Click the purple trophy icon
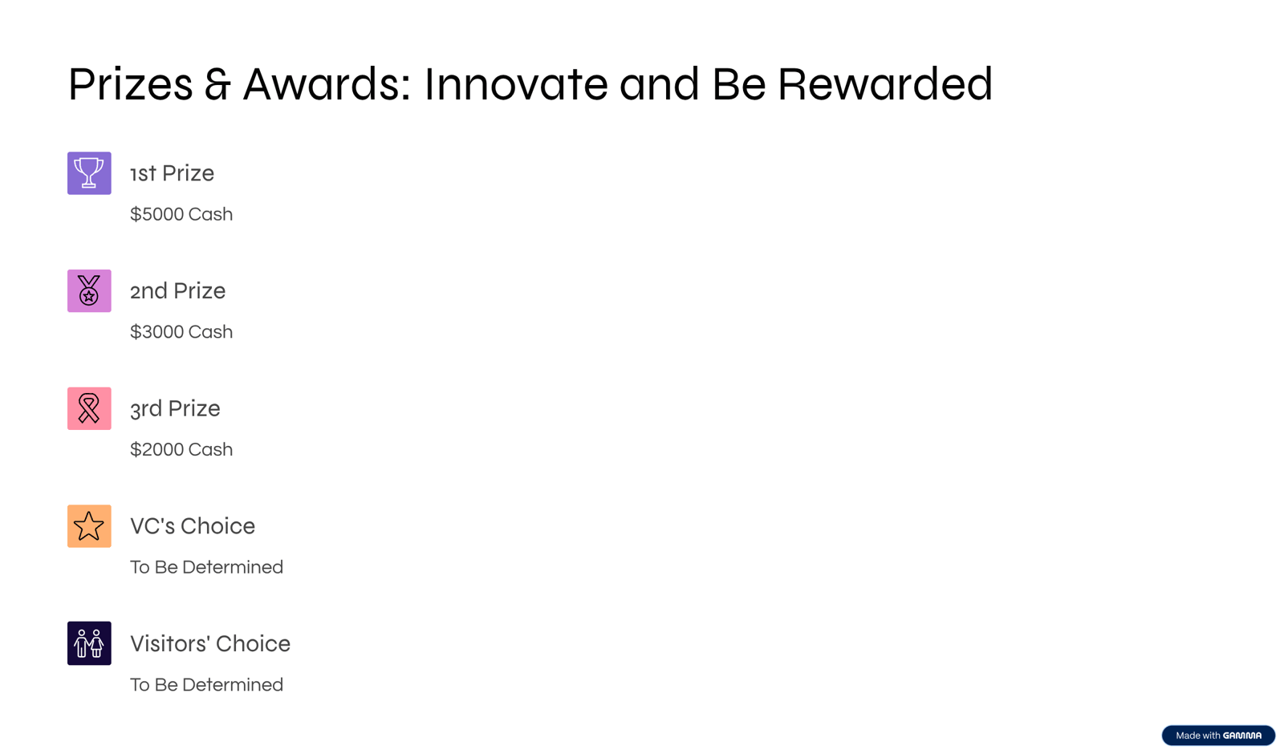tap(89, 173)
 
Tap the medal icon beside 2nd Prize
tap(89, 290)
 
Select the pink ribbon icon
tap(89, 408)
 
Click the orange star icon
tap(89, 526)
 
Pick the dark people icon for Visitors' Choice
tap(89, 643)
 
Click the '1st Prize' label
tap(172, 173)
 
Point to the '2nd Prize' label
tap(177, 290)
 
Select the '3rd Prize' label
tap(175, 408)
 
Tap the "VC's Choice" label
tap(193, 526)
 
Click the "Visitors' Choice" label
tap(210, 643)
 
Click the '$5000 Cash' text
tap(181, 214)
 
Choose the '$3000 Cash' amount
tap(181, 332)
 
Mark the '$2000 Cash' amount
tap(181, 449)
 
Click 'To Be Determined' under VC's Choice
tap(206, 567)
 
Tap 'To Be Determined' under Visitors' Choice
tap(206, 685)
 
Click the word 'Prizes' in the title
tap(131, 84)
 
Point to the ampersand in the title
tap(217, 84)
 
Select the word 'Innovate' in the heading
tap(516, 84)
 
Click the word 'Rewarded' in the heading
tap(885, 84)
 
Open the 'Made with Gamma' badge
tap(1218, 735)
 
